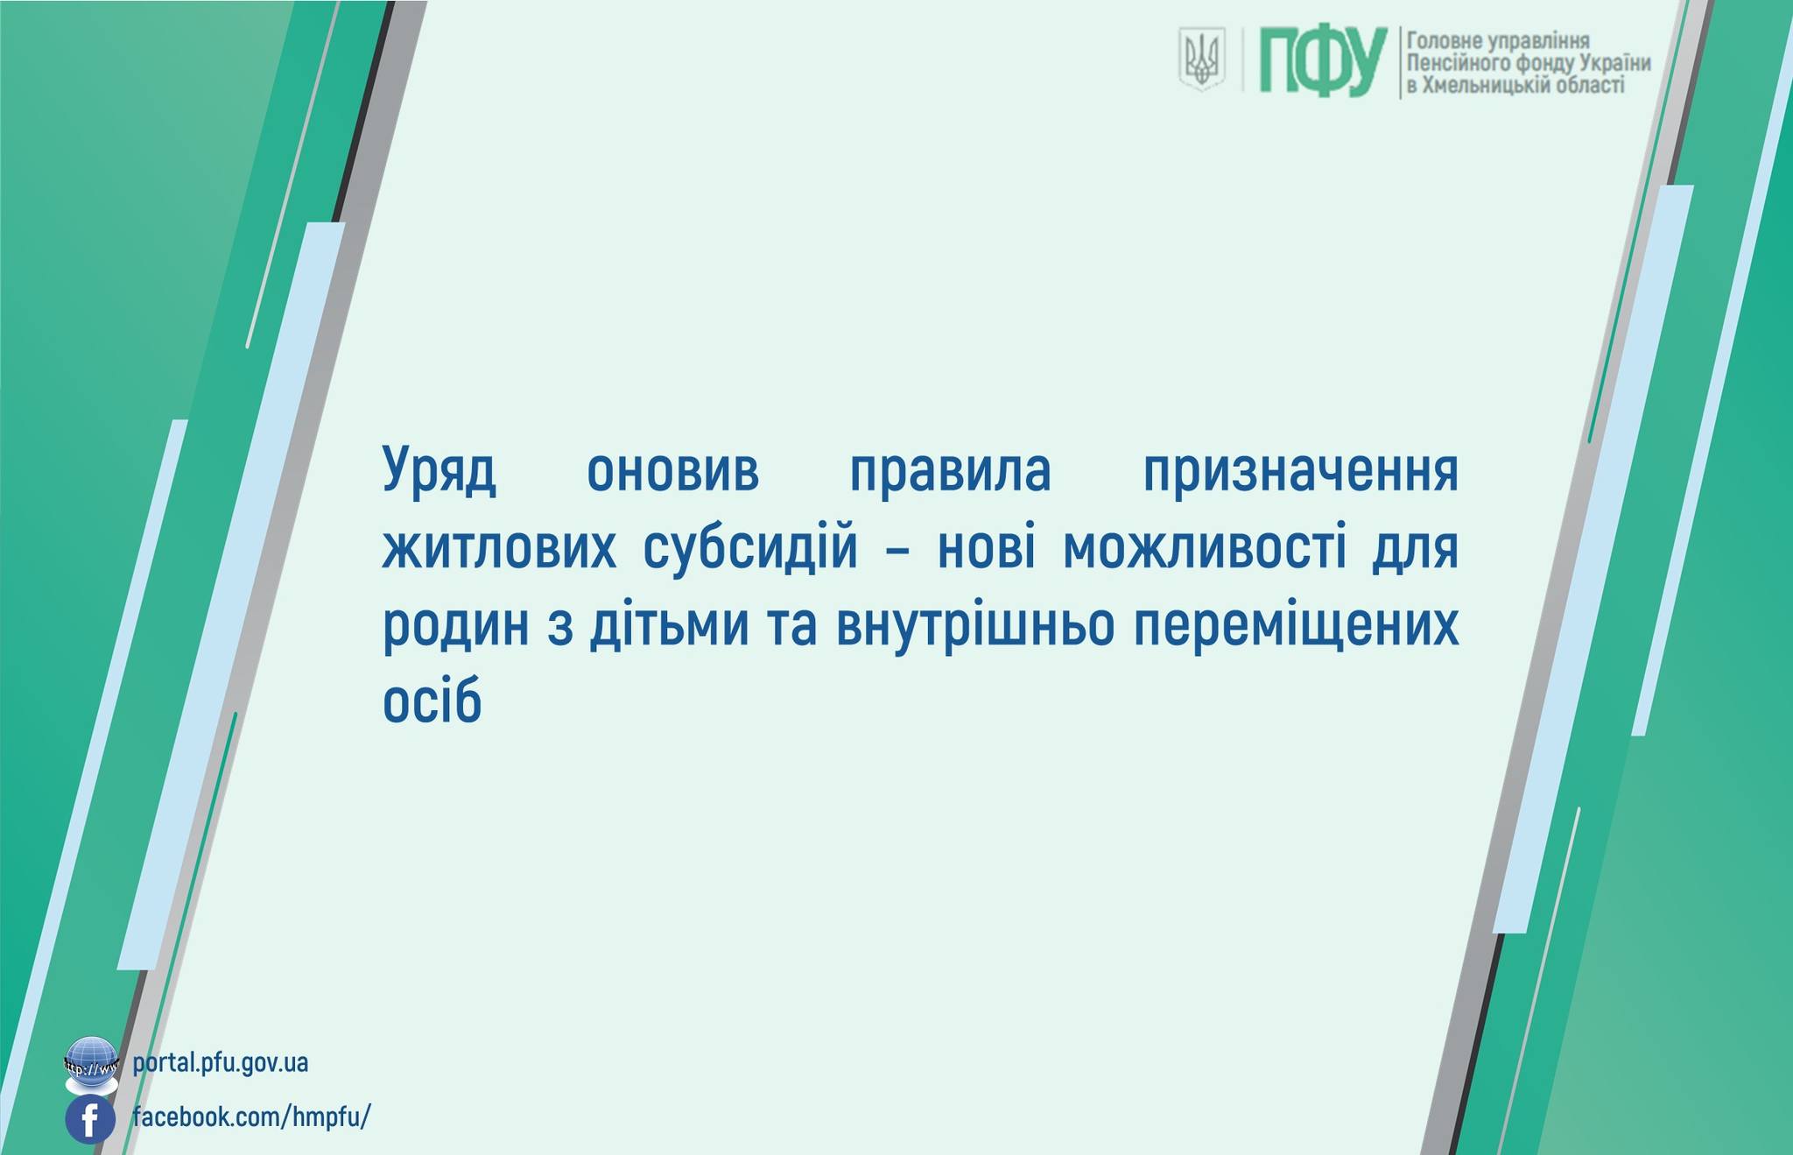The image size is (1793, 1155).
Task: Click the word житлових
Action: tap(499, 549)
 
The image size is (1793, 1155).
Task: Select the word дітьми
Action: tap(670, 624)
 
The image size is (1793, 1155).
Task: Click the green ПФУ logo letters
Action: tap(1323, 60)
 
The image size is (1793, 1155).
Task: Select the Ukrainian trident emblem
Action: tap(1201, 59)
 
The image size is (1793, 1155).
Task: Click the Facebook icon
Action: tap(90, 1120)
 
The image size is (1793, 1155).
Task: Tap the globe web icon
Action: tap(91, 1065)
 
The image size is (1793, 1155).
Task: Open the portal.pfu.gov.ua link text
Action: tap(221, 1064)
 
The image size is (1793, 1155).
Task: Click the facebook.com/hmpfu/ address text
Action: tap(252, 1117)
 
